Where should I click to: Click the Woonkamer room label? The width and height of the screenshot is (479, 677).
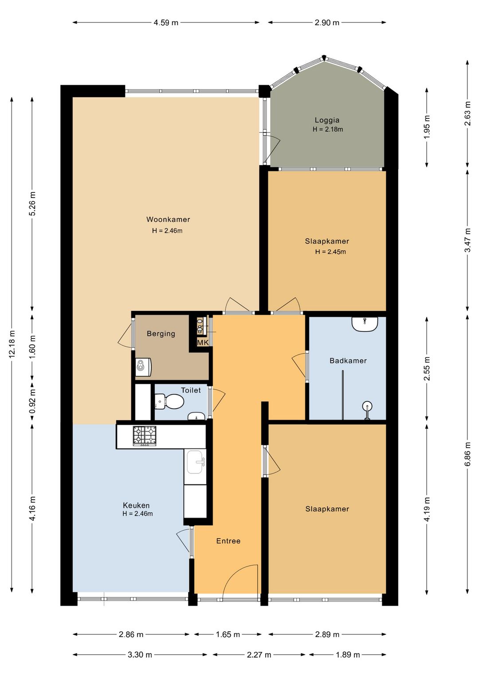(168, 220)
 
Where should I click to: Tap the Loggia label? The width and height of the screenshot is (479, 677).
(327, 120)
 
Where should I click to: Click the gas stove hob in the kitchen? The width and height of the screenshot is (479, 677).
(145, 436)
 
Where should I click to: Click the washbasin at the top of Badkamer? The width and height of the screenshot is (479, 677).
(365, 324)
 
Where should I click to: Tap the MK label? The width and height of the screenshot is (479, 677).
(203, 342)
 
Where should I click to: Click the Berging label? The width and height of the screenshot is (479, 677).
(161, 334)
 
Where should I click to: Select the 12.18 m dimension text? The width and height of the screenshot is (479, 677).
(12, 344)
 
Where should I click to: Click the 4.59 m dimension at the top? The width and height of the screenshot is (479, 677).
(166, 22)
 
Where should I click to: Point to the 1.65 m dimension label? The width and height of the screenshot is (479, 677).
(228, 634)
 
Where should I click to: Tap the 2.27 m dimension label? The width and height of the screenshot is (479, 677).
(259, 655)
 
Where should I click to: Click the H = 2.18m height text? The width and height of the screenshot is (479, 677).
(328, 130)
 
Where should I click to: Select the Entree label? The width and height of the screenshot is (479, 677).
(228, 541)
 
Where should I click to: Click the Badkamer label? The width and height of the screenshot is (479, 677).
(348, 361)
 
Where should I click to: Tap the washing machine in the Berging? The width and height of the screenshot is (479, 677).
(143, 367)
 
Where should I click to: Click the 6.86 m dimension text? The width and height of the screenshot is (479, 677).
(467, 454)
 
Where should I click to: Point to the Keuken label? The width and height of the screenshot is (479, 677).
(136, 505)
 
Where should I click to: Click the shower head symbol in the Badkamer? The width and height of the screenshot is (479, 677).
(367, 410)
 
